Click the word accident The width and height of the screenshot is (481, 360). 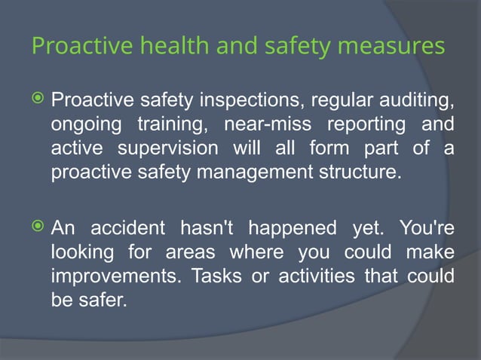tap(133, 227)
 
